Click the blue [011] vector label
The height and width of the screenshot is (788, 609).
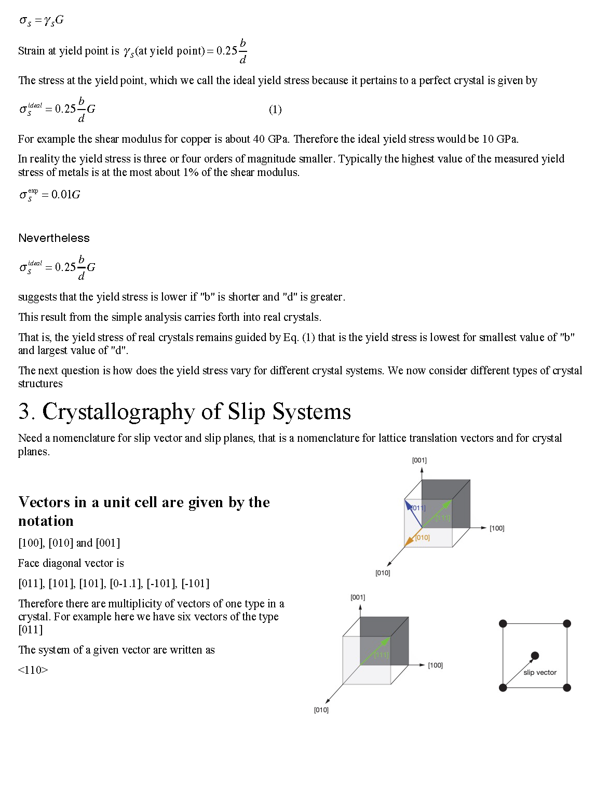[x=418, y=508]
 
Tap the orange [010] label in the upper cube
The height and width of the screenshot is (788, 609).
[x=423, y=537]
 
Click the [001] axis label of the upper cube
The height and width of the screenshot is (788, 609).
[x=419, y=460]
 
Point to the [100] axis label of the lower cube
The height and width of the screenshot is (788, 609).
[x=435, y=665]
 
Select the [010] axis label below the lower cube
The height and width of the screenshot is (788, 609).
[x=321, y=710]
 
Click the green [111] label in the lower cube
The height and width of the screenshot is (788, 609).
[x=381, y=655]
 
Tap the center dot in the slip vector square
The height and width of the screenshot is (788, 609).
[x=535, y=655]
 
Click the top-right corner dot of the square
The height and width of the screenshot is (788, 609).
[x=567, y=623]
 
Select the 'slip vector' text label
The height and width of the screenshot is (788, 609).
[x=540, y=672]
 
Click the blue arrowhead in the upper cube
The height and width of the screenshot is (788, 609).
[x=408, y=504]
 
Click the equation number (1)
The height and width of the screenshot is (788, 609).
[x=275, y=109]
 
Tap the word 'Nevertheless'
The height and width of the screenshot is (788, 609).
[x=54, y=238]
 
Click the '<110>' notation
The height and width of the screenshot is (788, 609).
[x=33, y=670]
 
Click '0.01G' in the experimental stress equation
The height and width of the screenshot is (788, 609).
[x=65, y=194]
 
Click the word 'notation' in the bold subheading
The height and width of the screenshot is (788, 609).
[x=46, y=521]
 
